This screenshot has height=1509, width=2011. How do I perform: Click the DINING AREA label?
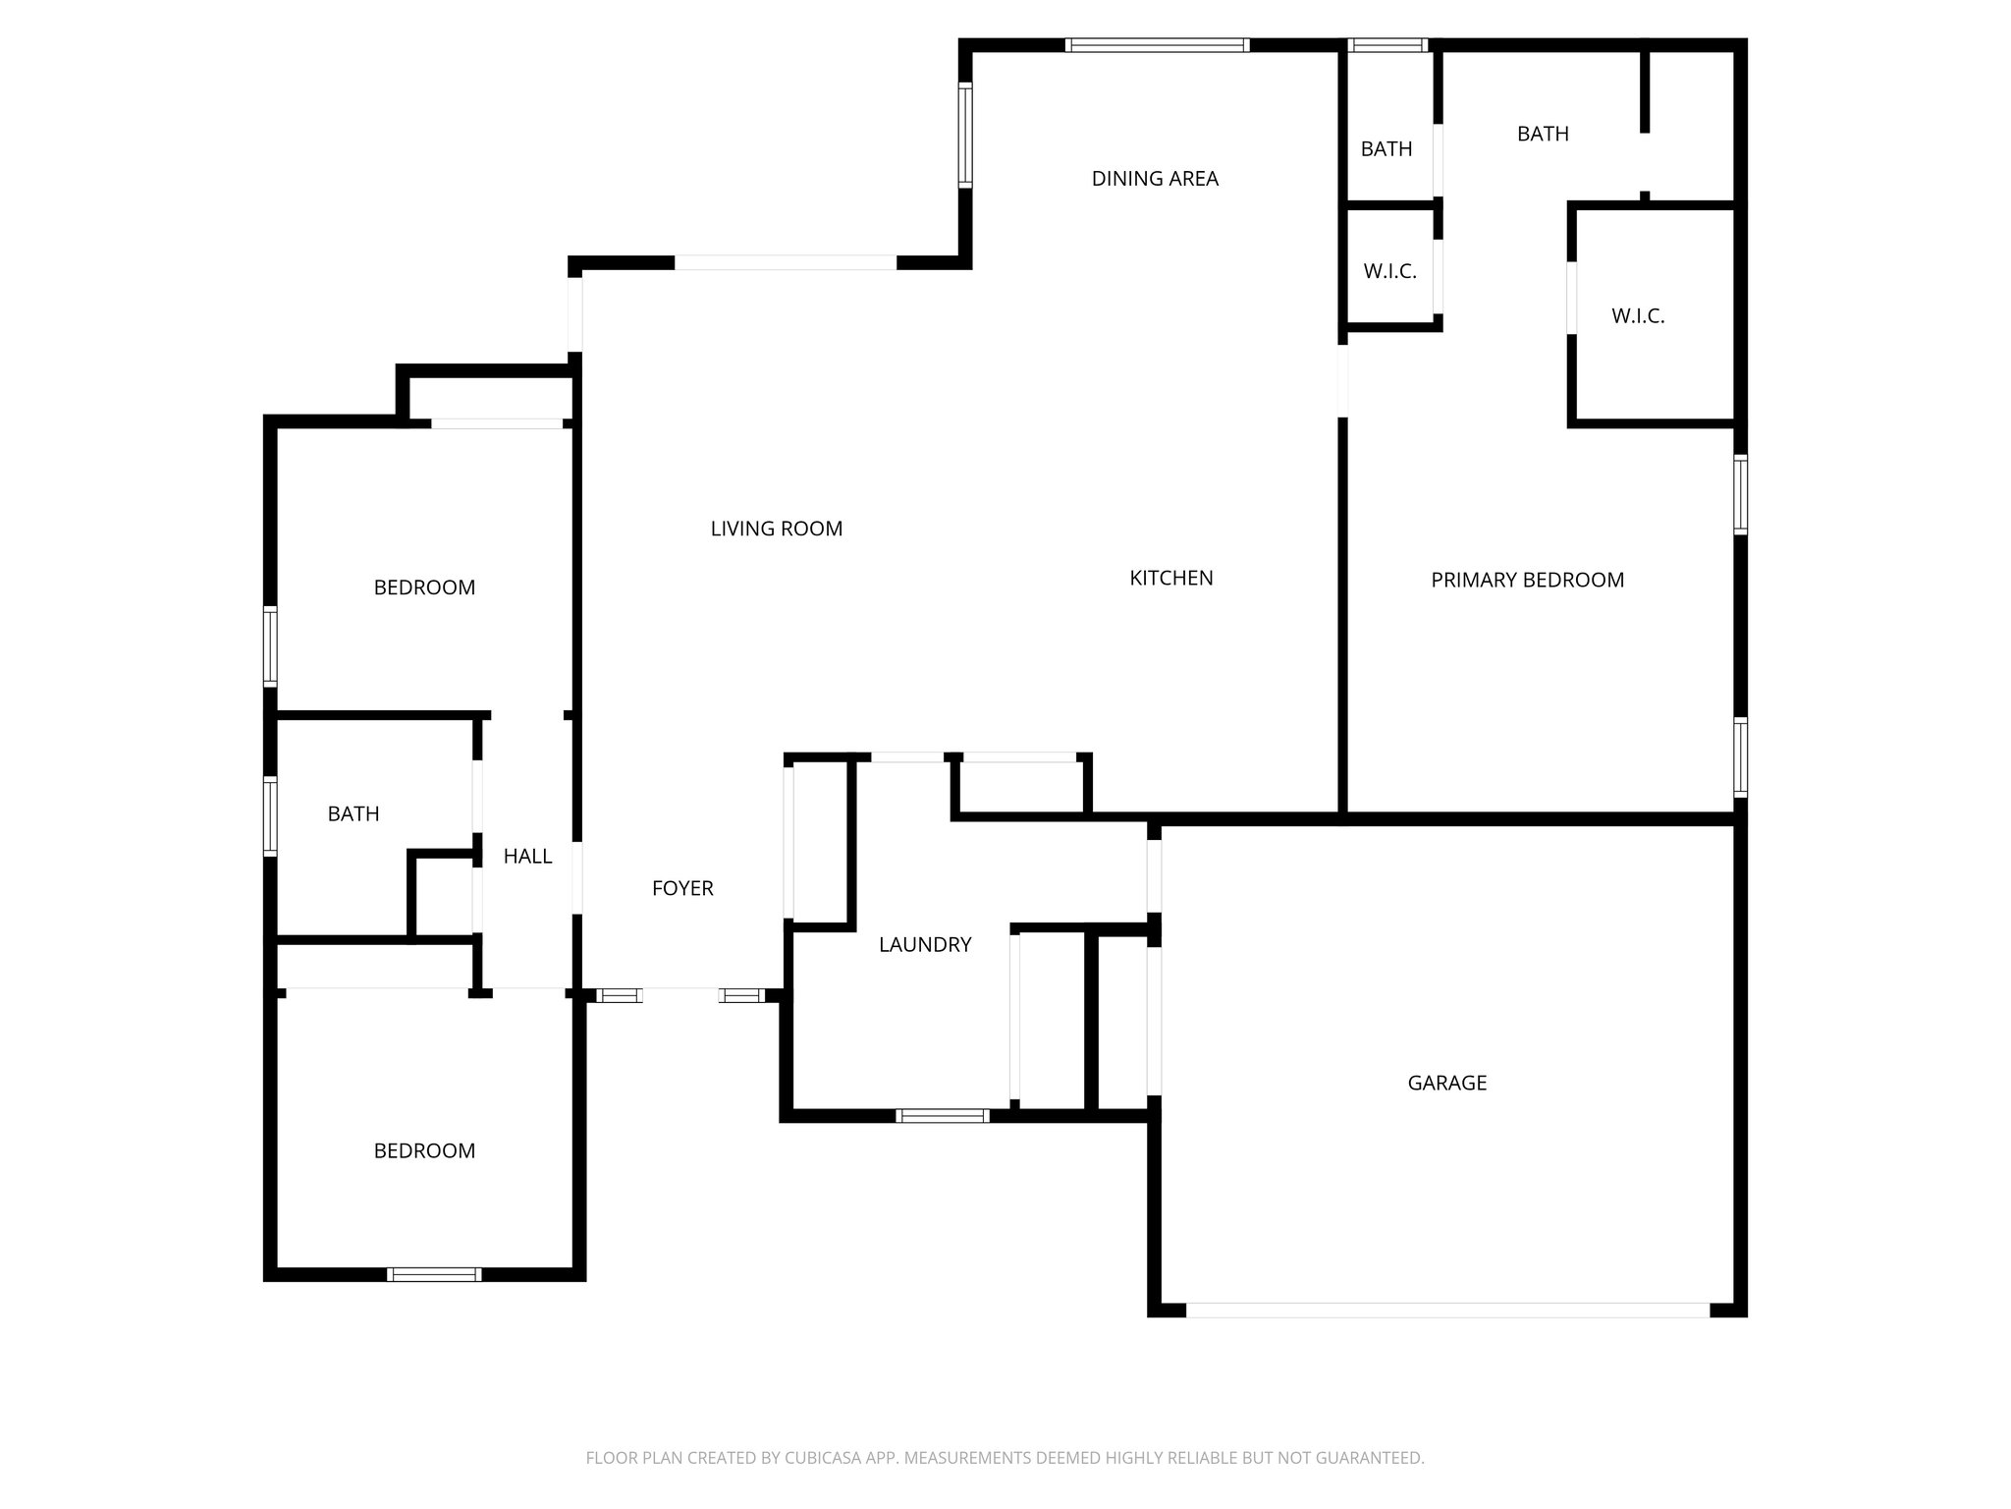(1155, 179)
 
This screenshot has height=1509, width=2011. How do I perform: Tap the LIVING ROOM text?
(776, 529)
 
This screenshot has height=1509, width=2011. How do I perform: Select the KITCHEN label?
(1170, 578)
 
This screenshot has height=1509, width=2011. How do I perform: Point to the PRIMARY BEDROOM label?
(1527, 580)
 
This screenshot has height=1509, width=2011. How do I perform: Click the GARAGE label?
(1446, 1083)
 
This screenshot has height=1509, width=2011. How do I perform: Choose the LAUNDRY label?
(924, 944)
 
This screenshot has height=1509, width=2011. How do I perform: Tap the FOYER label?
(682, 888)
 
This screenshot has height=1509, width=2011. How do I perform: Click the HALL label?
(527, 857)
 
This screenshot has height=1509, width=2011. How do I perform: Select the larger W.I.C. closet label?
(1637, 316)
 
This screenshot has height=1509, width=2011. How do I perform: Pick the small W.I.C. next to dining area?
(1389, 271)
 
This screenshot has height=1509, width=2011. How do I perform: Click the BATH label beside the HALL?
(353, 813)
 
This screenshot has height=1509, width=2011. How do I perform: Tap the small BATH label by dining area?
(1386, 149)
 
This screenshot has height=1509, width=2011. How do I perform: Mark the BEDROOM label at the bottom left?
(424, 1150)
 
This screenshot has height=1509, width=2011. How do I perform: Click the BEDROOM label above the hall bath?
(424, 587)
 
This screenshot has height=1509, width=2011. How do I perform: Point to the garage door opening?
(1447, 1310)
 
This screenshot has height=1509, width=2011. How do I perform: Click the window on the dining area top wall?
(1157, 45)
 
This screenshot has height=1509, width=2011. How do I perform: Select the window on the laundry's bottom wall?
(942, 1116)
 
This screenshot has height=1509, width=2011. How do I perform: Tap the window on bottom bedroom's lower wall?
(434, 1274)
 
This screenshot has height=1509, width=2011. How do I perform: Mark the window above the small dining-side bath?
(1386, 45)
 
